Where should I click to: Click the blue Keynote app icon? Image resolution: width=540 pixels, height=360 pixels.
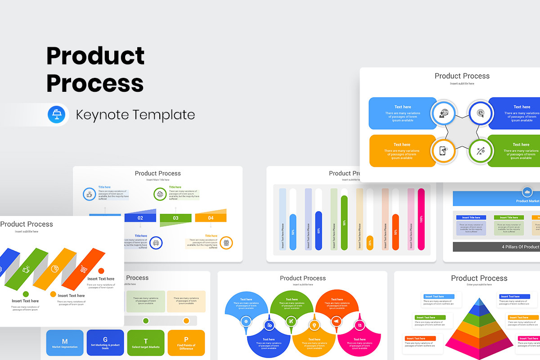[x=57, y=115]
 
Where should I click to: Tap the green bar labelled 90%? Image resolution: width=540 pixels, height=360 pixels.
[x=344, y=222]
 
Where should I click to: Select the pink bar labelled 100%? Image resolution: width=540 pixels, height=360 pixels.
[x=421, y=219]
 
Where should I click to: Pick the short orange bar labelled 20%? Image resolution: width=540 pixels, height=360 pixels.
[x=370, y=243]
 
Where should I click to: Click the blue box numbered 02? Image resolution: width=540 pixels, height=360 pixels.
[x=140, y=218]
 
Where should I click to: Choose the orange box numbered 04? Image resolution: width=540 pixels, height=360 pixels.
[x=211, y=218]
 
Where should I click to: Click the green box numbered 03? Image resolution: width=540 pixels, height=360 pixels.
[x=175, y=218]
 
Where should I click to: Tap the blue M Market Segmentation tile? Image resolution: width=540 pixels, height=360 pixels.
[x=65, y=343]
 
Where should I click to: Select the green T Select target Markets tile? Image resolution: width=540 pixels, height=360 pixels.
[x=145, y=343]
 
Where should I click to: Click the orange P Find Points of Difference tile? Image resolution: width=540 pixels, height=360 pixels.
[x=186, y=343]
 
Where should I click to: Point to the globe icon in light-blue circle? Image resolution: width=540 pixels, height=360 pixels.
[x=444, y=113]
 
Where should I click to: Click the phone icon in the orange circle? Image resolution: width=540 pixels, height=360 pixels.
[x=444, y=150]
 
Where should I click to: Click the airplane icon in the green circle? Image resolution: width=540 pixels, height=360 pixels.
[x=291, y=321]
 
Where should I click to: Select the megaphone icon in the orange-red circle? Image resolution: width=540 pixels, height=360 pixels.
[x=336, y=321]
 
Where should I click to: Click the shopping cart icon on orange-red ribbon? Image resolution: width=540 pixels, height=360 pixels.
[x=83, y=269]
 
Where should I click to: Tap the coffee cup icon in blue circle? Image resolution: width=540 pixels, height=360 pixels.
[x=90, y=194]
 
